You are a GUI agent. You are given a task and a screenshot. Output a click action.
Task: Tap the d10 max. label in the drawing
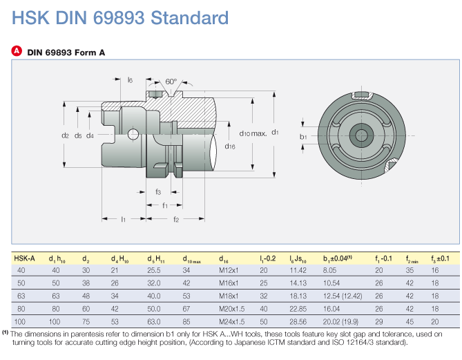253,133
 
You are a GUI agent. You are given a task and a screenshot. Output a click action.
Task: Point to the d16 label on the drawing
230,146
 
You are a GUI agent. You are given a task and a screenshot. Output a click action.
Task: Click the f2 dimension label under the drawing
176,219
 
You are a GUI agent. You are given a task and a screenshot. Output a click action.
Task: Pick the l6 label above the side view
130,80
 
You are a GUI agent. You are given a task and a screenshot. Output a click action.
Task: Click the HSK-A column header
25,259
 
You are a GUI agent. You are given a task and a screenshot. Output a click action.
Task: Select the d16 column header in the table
224,259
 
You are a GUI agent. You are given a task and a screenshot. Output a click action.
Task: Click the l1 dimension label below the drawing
122,219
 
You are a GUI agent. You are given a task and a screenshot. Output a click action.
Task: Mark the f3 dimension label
158,191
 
